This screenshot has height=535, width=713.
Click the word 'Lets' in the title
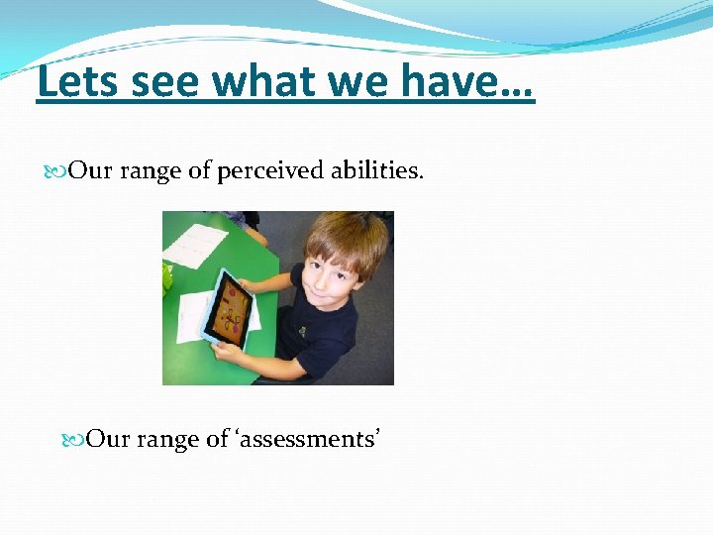(76, 82)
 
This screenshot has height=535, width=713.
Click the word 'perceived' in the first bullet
(269, 171)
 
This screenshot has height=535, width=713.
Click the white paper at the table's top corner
(197, 244)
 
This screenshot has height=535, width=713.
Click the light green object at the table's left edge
(167, 278)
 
